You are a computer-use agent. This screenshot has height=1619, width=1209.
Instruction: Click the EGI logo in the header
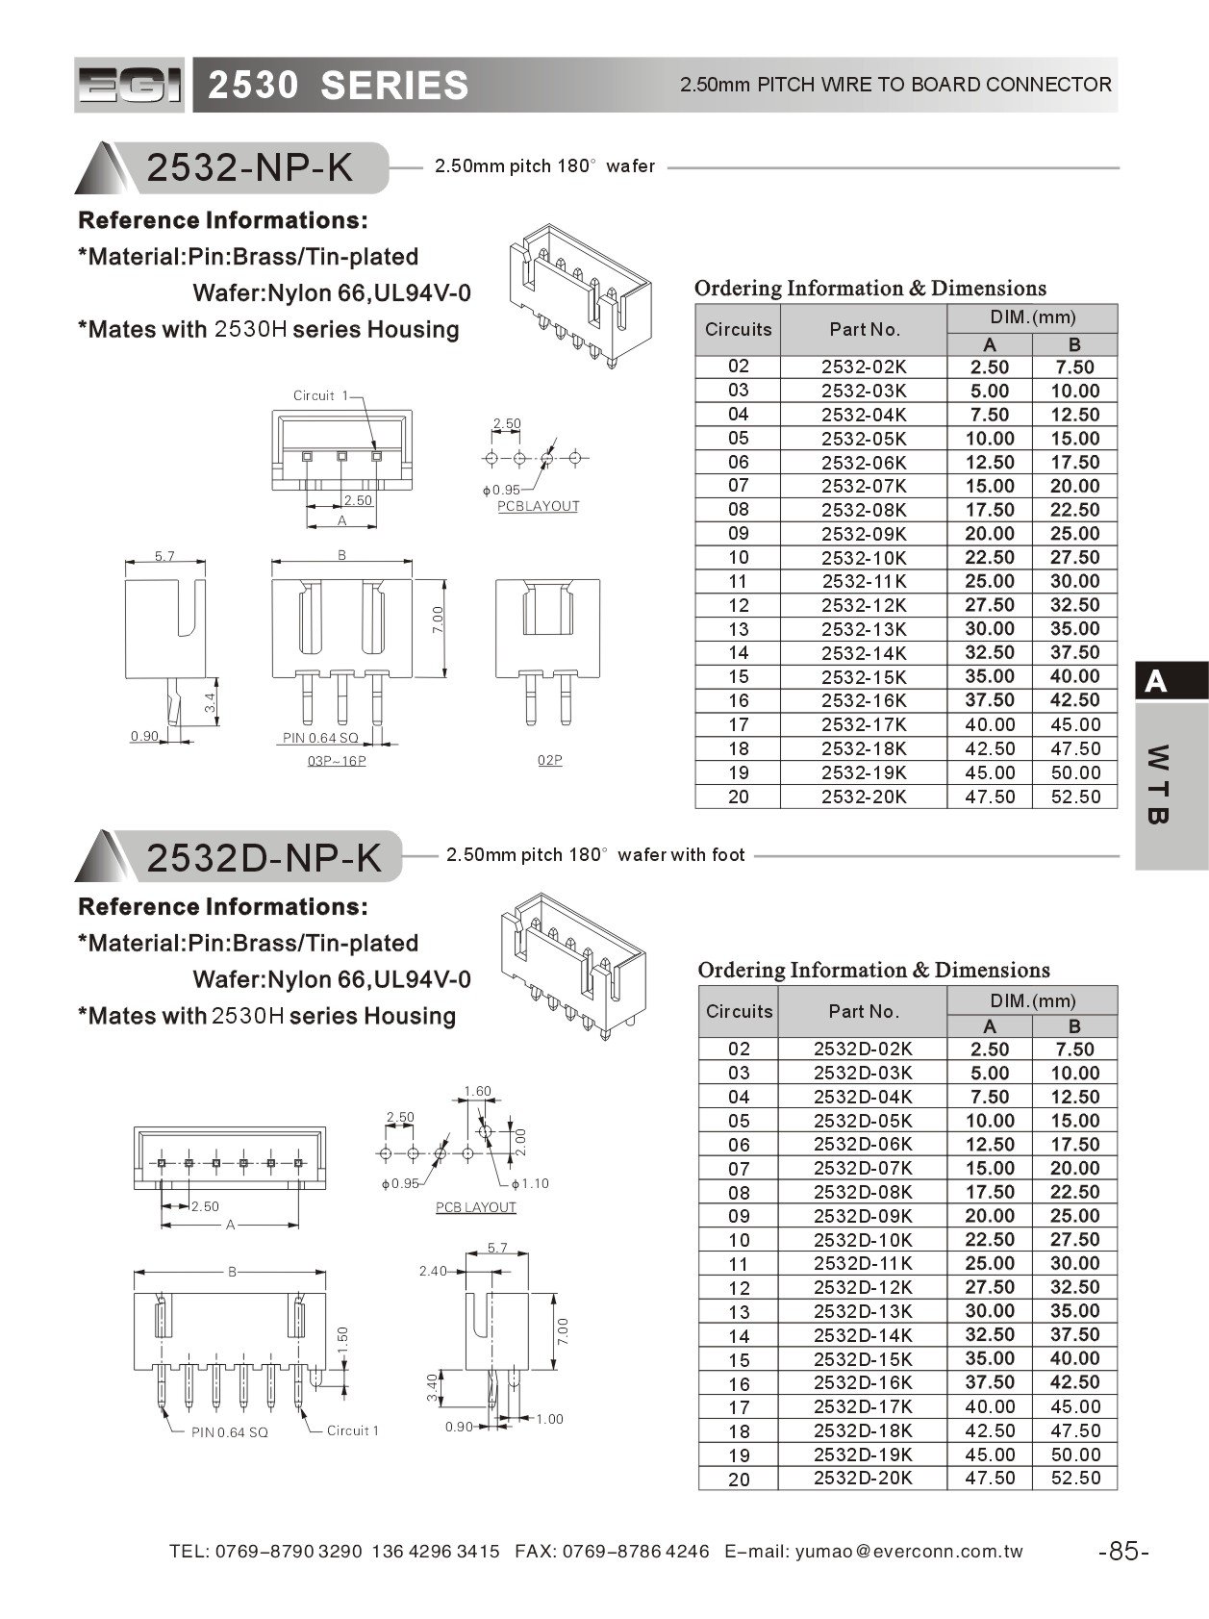tap(129, 86)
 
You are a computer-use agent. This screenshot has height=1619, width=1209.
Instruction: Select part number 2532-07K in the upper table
tap(864, 487)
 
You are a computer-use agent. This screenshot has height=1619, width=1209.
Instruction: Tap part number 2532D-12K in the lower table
tap(863, 1288)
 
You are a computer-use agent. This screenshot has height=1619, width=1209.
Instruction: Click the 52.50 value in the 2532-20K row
tap(1074, 797)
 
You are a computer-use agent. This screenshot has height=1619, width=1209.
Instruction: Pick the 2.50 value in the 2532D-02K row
tap(990, 1050)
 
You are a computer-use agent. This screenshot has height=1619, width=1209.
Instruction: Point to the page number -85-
tap(1123, 1551)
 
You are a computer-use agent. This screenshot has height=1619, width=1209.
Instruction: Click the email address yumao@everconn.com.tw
tap(909, 1551)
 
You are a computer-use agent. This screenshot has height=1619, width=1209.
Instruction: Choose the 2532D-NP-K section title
tap(264, 857)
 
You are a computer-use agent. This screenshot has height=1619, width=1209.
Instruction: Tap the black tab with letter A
tap(1171, 681)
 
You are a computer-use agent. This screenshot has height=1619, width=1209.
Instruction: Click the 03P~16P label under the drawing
tap(337, 761)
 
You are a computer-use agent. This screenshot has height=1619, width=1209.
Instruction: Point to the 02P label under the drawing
tap(549, 760)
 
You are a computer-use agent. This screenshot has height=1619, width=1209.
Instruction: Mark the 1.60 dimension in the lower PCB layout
tap(477, 1091)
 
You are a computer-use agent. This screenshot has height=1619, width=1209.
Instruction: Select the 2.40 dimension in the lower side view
tap(433, 1271)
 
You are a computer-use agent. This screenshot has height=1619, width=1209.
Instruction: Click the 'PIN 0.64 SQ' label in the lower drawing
tap(230, 1432)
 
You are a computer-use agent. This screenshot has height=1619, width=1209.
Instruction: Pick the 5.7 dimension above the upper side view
tap(164, 556)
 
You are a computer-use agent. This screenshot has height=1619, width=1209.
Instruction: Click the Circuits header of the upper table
tap(738, 329)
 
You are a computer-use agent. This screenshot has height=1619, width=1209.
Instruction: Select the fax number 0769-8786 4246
tap(636, 1551)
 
